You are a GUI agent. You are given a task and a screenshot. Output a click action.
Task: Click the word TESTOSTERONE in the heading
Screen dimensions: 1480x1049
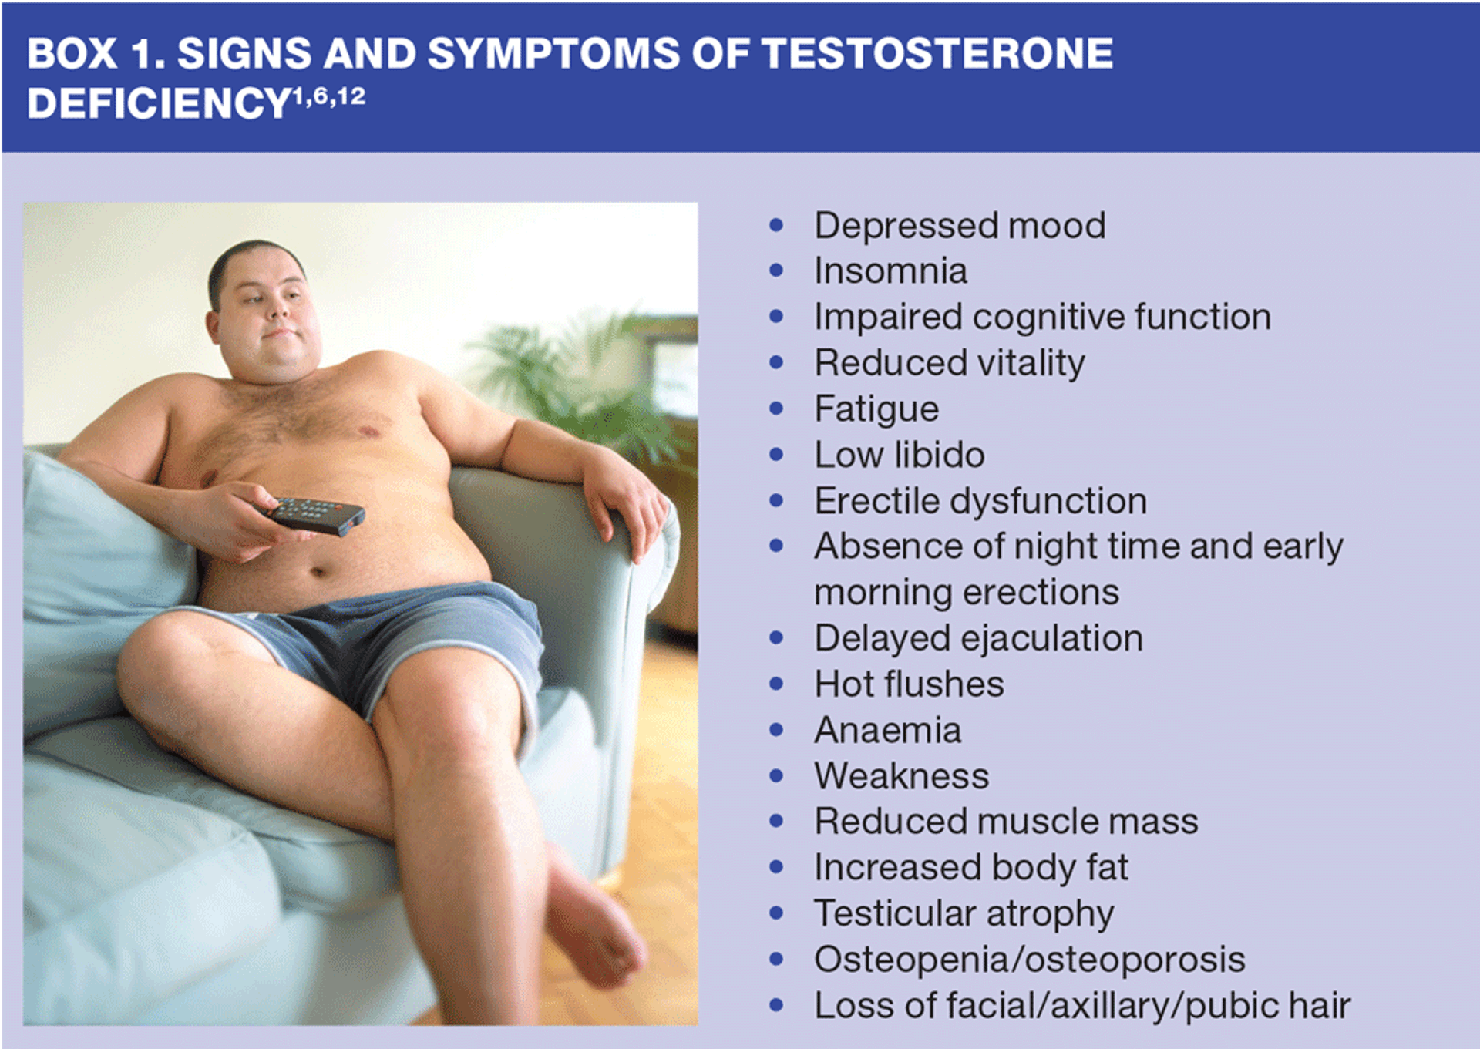tap(937, 53)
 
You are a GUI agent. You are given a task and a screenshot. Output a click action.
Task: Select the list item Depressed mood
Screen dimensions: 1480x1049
tap(960, 226)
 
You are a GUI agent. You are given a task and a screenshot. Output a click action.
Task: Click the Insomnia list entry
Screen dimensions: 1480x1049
tap(890, 271)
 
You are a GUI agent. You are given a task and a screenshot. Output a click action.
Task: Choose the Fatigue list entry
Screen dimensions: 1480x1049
tap(876, 409)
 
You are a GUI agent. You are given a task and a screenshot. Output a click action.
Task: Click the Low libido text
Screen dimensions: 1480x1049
tap(900, 455)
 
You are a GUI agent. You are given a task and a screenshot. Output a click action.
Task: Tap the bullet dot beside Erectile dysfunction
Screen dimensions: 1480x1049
tap(776, 501)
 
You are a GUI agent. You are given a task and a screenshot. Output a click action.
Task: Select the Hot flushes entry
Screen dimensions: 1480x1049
tap(910, 684)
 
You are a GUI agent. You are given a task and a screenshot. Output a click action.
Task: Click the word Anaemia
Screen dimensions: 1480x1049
tap(888, 730)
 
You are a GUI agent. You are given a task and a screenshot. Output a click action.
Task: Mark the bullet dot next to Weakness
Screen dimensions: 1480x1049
tap(776, 776)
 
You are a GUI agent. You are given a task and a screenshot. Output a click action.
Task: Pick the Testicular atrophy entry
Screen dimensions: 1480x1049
tap(964, 914)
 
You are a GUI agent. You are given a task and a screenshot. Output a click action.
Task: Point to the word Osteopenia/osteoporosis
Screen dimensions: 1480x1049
tap(1030, 960)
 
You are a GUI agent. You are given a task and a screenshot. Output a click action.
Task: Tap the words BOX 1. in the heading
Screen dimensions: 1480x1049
tap(95, 54)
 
